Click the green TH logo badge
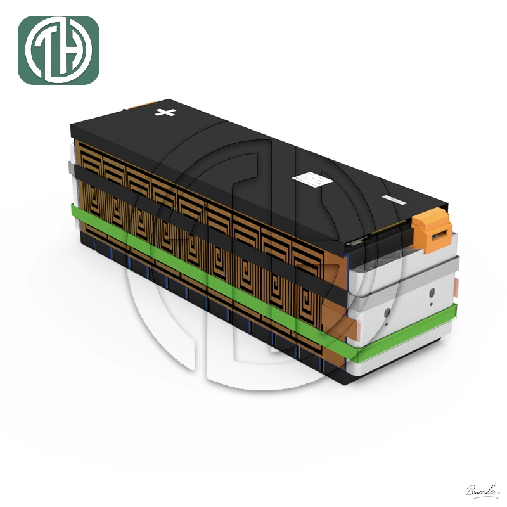[58, 50]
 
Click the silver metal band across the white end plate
[406, 273]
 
